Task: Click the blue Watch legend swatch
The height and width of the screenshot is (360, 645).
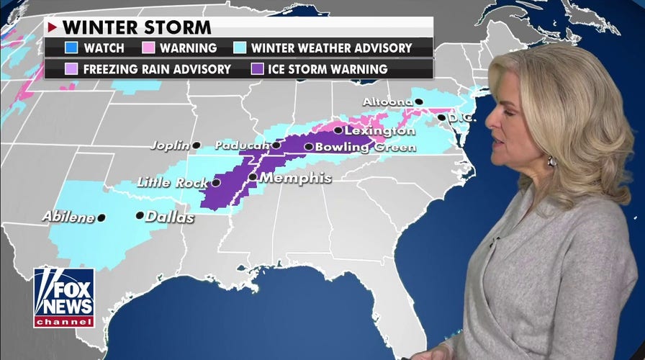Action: point(71,48)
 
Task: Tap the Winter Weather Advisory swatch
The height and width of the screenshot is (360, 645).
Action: point(242,48)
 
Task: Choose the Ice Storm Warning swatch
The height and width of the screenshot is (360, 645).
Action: point(256,69)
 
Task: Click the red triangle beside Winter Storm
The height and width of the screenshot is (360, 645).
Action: point(52,27)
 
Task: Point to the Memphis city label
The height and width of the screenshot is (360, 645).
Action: point(295,177)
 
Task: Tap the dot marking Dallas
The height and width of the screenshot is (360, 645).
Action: point(140,215)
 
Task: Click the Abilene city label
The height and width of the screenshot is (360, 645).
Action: point(68,216)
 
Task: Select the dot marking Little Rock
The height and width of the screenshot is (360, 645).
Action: point(216,183)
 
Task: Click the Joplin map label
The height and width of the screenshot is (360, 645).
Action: point(170,145)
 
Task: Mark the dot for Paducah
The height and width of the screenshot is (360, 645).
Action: point(276,145)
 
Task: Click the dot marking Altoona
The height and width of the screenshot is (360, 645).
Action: point(418,102)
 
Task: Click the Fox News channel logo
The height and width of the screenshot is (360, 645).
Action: point(64,297)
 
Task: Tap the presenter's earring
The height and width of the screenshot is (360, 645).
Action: point(551,161)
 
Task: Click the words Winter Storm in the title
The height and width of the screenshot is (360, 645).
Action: point(137,27)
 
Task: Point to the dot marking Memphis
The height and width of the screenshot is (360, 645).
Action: point(253,176)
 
